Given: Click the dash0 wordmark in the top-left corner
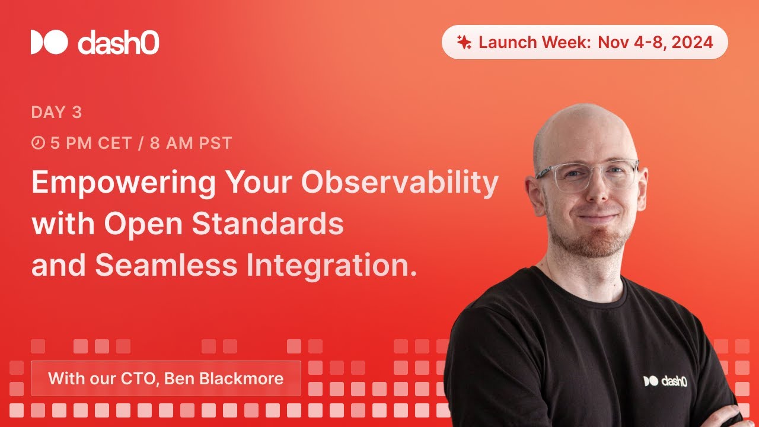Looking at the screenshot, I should coord(118,43).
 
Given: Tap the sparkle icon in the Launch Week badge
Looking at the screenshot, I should coord(464,42).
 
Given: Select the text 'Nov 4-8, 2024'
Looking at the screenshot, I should coord(655,42).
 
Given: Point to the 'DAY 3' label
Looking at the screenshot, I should coord(56,112).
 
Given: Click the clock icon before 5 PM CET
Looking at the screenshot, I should coord(38,144).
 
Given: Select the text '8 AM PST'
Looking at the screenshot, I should coord(190,144).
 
